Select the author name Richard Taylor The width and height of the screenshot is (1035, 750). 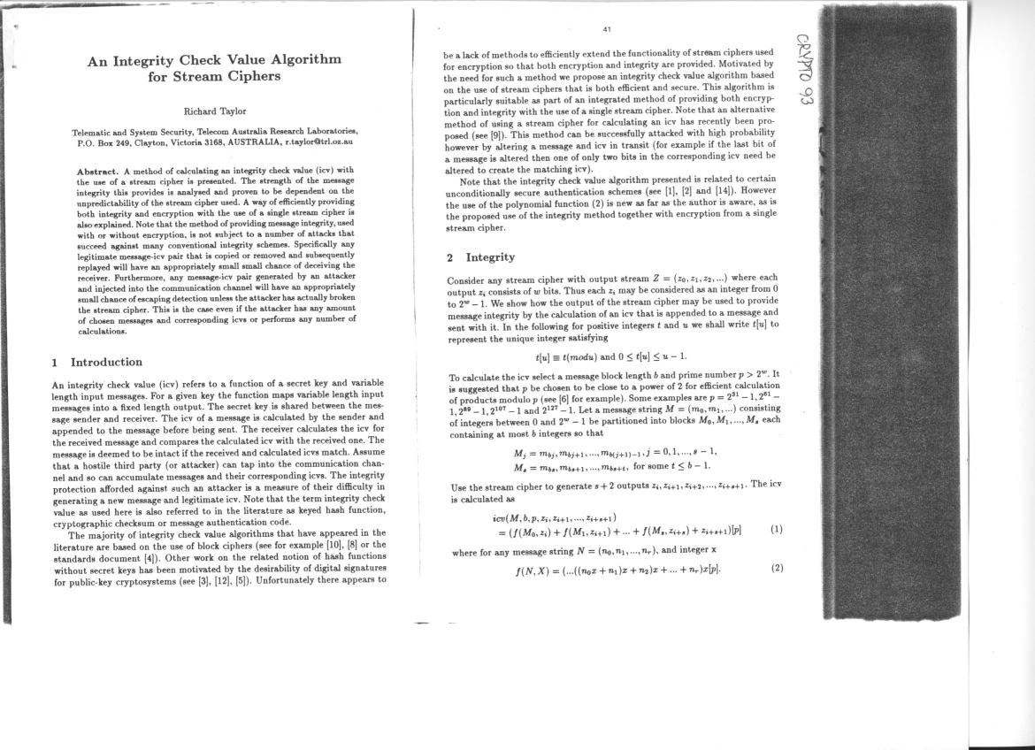(x=214, y=111)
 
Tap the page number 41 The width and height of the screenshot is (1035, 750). (x=607, y=29)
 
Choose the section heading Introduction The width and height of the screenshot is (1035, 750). (x=106, y=362)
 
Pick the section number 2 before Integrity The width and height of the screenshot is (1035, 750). (x=450, y=257)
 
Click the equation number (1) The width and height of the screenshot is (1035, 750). (x=776, y=530)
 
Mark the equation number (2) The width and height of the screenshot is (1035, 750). (x=776, y=568)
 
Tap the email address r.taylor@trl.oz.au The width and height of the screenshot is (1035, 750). (x=318, y=142)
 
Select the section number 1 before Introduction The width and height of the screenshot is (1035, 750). (x=55, y=362)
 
